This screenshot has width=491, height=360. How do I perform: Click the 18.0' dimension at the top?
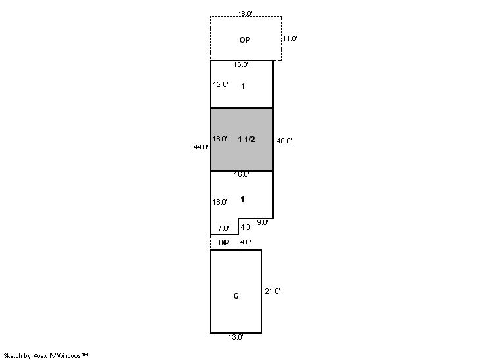(245, 13)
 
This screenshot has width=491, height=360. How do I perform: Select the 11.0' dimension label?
(290, 39)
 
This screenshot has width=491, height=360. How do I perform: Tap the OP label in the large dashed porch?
(245, 39)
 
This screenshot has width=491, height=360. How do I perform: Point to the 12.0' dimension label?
(220, 84)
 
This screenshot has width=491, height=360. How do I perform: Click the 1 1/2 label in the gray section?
(246, 140)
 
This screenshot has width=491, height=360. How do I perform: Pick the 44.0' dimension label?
(201, 147)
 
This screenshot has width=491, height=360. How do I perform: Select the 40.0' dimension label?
(284, 141)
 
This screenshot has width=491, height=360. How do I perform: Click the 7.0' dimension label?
(224, 228)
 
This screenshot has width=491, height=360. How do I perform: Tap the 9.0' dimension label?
(263, 222)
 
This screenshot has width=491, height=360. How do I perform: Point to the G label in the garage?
(236, 296)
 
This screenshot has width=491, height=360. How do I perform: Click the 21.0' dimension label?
(272, 291)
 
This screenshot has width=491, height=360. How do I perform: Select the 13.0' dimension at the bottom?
(236, 337)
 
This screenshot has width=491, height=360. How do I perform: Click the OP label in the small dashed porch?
(224, 243)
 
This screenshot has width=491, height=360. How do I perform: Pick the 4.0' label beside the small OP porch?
(245, 242)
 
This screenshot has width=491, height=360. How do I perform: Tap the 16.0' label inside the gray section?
(220, 139)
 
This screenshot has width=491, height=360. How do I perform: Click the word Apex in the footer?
(40, 356)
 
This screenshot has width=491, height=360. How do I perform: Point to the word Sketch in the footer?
(13, 355)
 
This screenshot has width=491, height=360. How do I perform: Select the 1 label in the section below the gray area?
(242, 199)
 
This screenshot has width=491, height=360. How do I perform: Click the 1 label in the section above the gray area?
(243, 86)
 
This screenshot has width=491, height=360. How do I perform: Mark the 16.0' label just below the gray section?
(242, 174)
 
